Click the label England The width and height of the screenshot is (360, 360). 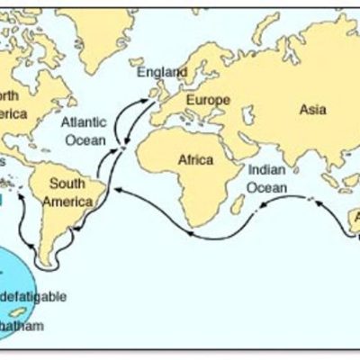tap(162, 71)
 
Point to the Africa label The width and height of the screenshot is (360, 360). tap(196, 160)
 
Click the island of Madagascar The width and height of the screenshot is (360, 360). tap(238, 204)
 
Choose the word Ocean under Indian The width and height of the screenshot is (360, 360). tap(268, 188)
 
